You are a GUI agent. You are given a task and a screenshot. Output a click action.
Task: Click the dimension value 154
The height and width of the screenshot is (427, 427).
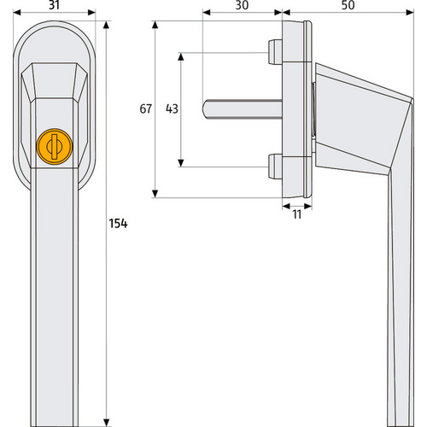coord(118,224)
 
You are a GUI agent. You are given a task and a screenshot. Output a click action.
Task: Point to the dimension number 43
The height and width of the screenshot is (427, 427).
coord(172,108)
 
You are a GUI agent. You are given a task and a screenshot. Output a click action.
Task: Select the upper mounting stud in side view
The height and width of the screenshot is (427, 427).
coord(274,52)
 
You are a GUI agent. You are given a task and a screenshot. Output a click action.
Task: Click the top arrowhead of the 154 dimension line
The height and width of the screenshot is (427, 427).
coord(106,23)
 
